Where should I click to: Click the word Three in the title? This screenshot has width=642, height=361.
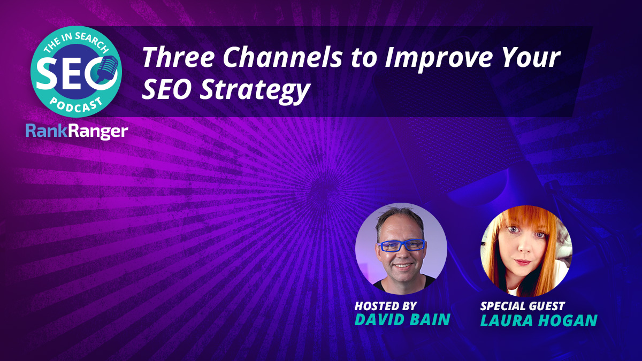click(178, 57)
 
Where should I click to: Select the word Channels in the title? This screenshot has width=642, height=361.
click(282, 57)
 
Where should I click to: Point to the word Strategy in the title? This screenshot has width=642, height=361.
click(255, 89)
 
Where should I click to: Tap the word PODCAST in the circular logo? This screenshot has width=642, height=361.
click(76, 105)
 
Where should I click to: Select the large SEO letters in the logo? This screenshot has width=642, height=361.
click(73, 73)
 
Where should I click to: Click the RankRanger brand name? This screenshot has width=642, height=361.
click(77, 132)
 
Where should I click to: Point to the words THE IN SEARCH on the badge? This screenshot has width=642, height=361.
click(76, 43)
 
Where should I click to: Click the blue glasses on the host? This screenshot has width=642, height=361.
click(401, 245)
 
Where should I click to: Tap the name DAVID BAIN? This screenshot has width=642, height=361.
click(402, 319)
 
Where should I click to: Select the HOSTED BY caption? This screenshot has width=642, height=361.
click(386, 306)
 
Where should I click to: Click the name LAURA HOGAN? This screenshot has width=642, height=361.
click(539, 320)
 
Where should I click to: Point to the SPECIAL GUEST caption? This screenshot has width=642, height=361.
click(523, 306)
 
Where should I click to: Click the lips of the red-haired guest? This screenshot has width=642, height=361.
click(522, 262)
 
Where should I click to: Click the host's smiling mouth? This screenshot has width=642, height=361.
click(402, 266)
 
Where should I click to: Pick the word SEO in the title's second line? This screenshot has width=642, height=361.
click(167, 89)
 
